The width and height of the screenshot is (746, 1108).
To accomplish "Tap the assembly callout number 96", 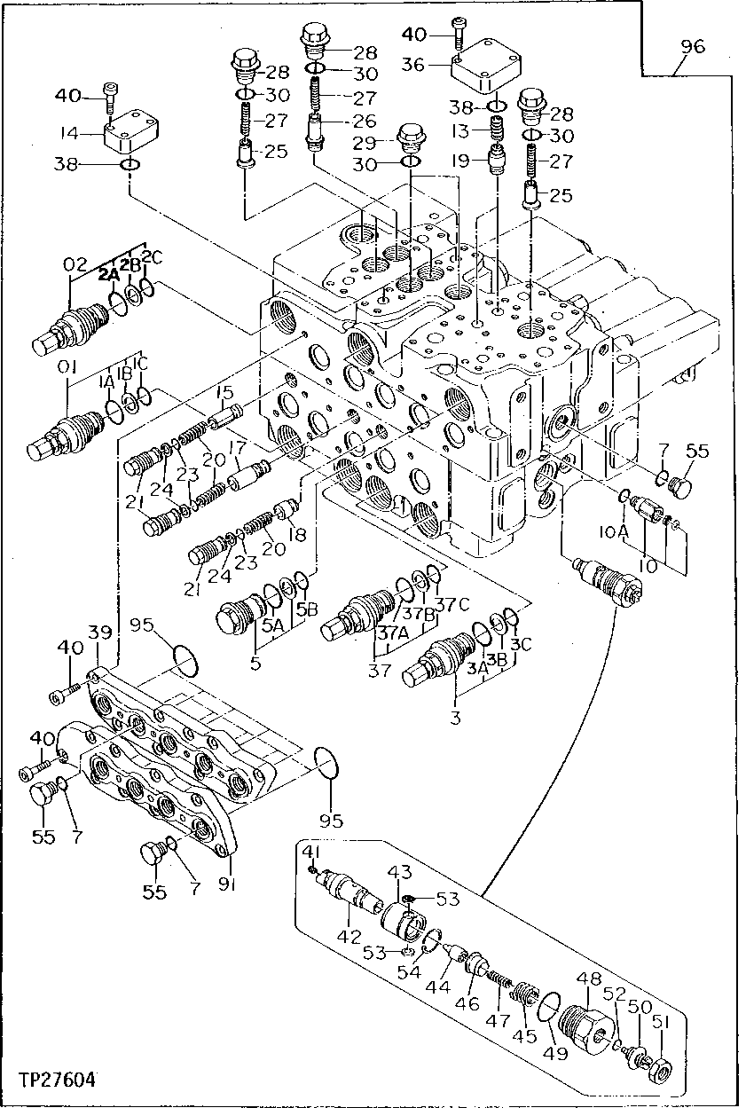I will click(x=693, y=47).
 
